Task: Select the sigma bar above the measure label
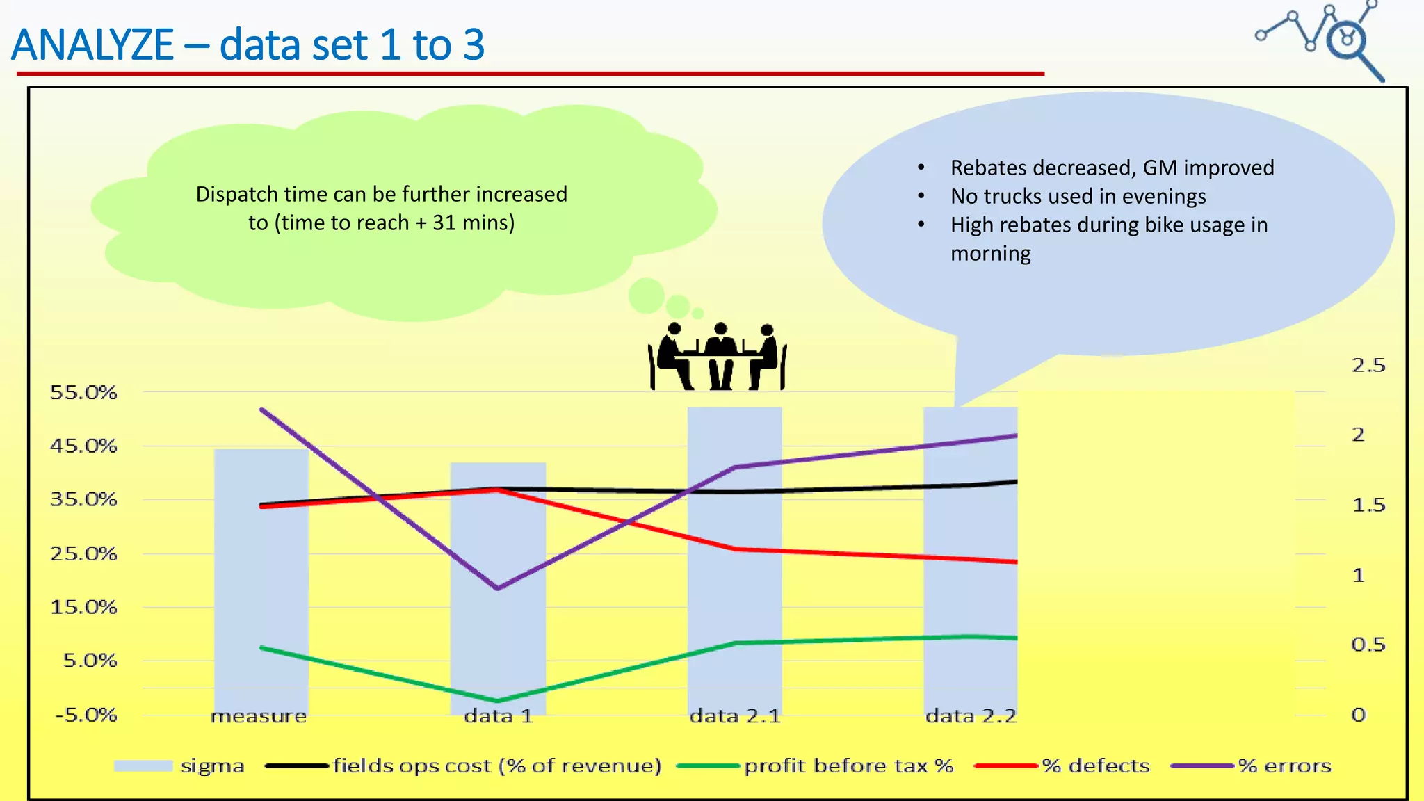pyautogui.click(x=261, y=584)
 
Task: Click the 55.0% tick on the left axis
pyautogui.click(x=83, y=392)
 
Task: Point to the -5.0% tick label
pyautogui.click(x=86, y=715)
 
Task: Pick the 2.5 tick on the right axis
pyautogui.click(x=1368, y=366)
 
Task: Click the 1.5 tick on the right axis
pyautogui.click(x=1368, y=505)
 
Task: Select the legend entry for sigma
pyautogui.click(x=179, y=766)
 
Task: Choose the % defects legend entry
pyautogui.click(x=1062, y=766)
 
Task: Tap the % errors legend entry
pyautogui.click(x=1252, y=766)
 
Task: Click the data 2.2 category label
pyautogui.click(x=971, y=716)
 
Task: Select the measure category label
pyautogui.click(x=259, y=716)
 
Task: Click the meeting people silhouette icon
pyautogui.click(x=718, y=356)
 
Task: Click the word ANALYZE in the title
pyautogui.click(x=92, y=45)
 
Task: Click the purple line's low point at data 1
pyautogui.click(x=498, y=588)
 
